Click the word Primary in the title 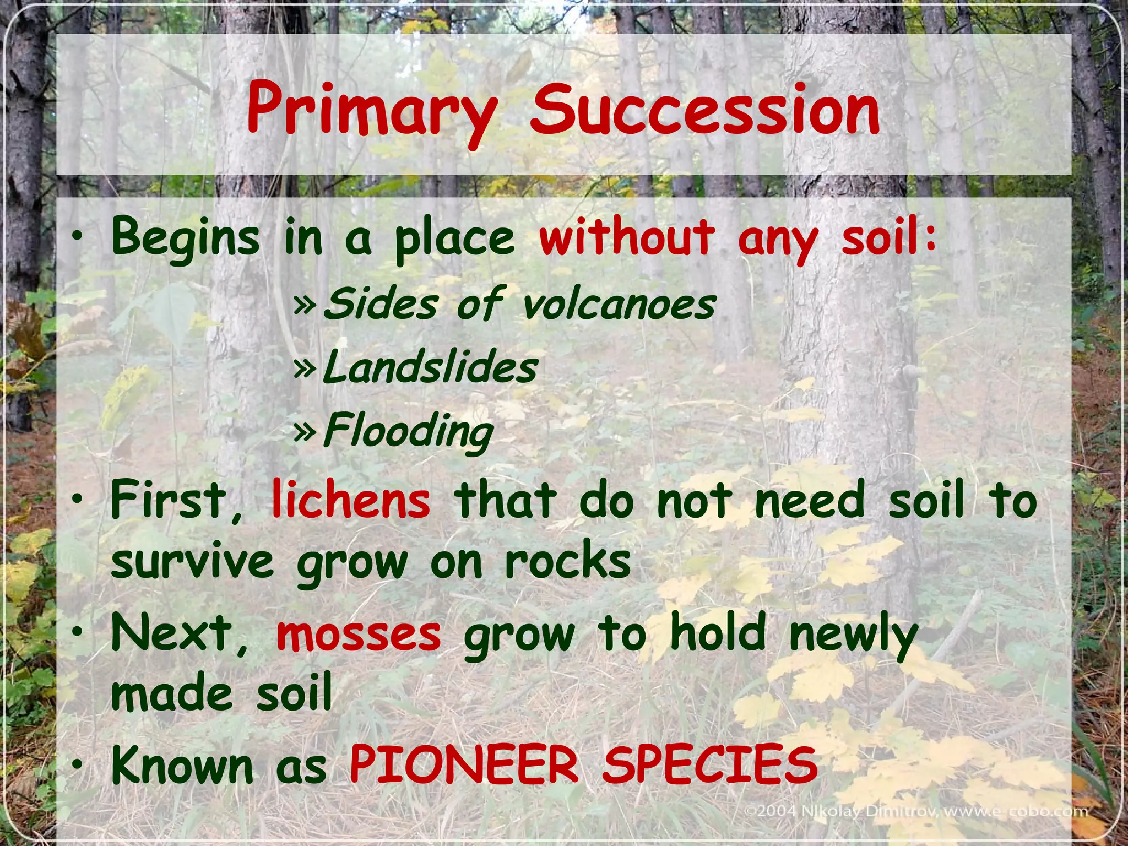pyautogui.click(x=372, y=110)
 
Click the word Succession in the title pyautogui.click(x=705, y=110)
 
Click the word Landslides pyautogui.click(x=430, y=367)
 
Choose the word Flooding pyautogui.click(x=408, y=432)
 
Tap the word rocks pyautogui.click(x=567, y=562)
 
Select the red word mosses pyautogui.click(x=359, y=633)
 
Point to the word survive pyautogui.click(x=192, y=563)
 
